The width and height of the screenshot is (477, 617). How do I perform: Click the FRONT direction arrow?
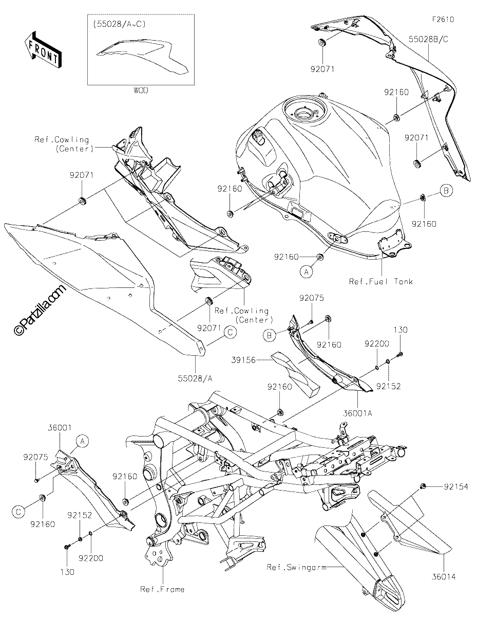[43, 50]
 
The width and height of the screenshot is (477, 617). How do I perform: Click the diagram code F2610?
[443, 20]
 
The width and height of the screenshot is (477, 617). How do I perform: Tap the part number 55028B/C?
[429, 39]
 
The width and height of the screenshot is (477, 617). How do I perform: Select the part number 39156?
[243, 360]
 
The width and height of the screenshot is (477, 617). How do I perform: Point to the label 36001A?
[358, 413]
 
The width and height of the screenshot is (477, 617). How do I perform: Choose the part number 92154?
[456, 487]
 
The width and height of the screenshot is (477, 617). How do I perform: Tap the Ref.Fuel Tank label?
[381, 282]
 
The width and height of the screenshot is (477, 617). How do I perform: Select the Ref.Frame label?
[162, 589]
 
